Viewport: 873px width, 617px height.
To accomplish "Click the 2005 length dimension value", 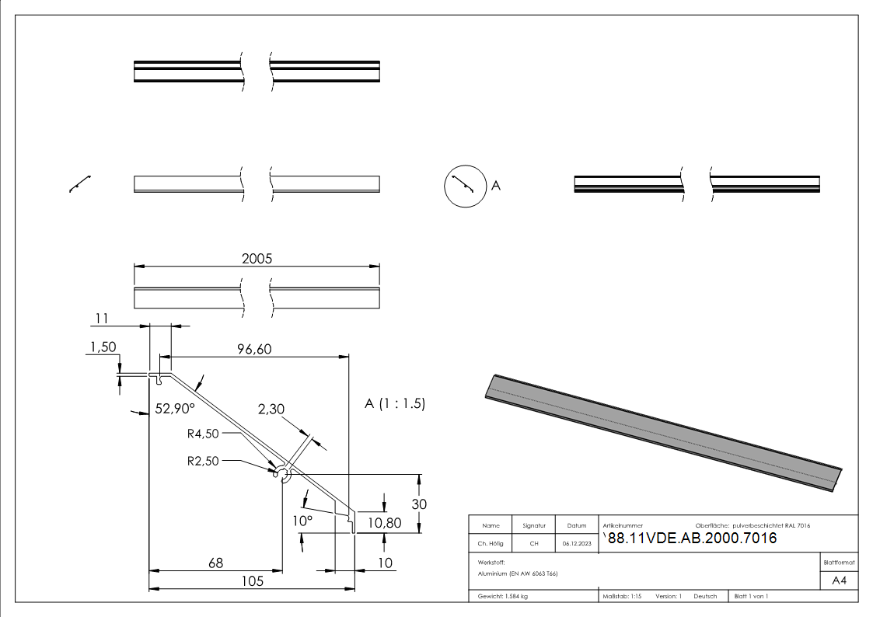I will click(x=257, y=260).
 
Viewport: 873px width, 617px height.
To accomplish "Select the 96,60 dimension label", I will click(x=253, y=350).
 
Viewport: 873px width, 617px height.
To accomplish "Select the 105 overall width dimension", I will click(x=252, y=581).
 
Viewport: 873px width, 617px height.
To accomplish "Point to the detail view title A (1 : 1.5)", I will click(x=395, y=404).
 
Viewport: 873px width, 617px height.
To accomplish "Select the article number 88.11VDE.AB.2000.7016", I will click(x=690, y=539).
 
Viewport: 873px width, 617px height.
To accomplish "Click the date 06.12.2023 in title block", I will click(x=576, y=543).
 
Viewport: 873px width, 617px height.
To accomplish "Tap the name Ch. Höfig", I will click(x=491, y=543).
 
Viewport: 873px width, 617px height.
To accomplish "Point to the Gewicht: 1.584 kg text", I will click(x=503, y=597).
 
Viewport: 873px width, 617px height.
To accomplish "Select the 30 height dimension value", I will click(x=420, y=504).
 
